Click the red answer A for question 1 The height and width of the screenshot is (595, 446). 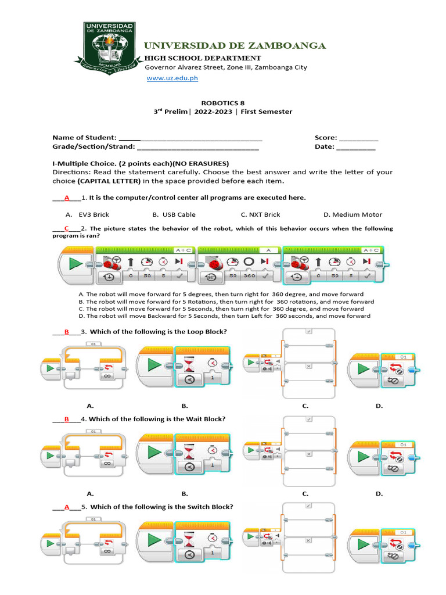67,198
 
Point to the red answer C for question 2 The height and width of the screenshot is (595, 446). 67,228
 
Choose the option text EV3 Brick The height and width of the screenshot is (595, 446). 93,215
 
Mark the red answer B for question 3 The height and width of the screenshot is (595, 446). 67,332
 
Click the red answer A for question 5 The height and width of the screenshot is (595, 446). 67,507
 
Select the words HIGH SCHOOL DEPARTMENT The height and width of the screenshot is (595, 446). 202,58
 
